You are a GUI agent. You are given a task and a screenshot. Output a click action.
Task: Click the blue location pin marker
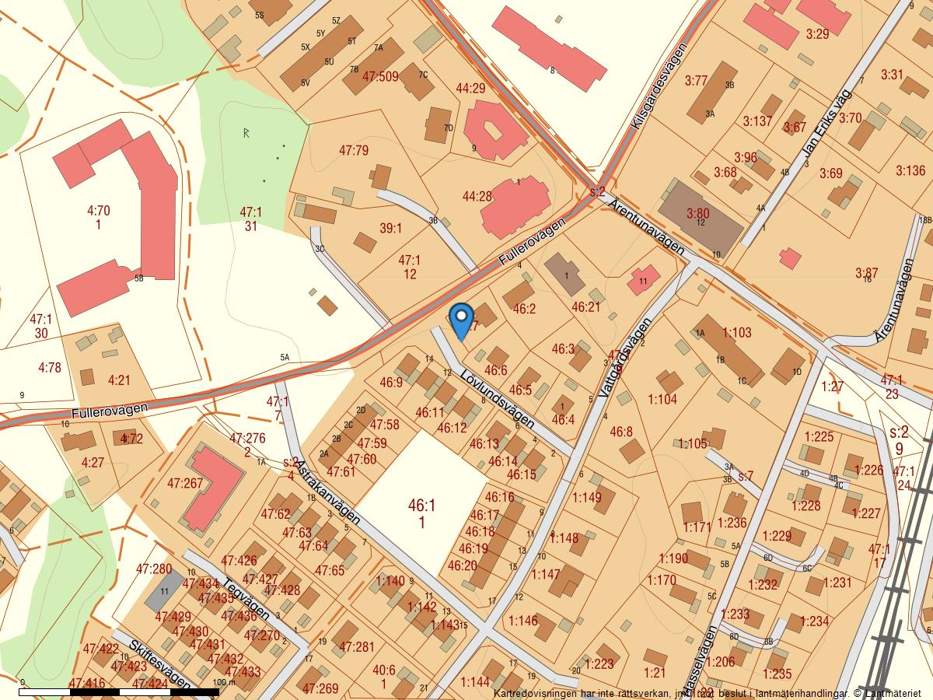pos(462,320)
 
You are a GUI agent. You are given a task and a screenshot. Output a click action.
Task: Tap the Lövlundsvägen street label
pos(497,397)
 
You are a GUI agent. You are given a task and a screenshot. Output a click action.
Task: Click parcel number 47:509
pos(380,76)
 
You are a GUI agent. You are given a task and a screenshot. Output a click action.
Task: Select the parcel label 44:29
pos(470,89)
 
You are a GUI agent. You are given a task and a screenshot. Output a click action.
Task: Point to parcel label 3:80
pos(697,212)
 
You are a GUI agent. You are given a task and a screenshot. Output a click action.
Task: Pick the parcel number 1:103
pos(737,332)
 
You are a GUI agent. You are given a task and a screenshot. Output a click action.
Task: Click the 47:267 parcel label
pos(185,483)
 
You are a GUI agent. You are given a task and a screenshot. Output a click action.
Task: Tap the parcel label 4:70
pos(99,210)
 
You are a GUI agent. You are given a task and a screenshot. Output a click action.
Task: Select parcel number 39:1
pos(390,228)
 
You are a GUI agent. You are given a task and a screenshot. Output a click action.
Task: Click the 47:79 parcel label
pos(354,150)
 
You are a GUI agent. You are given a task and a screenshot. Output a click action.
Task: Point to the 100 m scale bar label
pos(224,682)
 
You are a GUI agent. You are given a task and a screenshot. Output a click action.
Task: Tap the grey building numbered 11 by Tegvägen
pos(163,591)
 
